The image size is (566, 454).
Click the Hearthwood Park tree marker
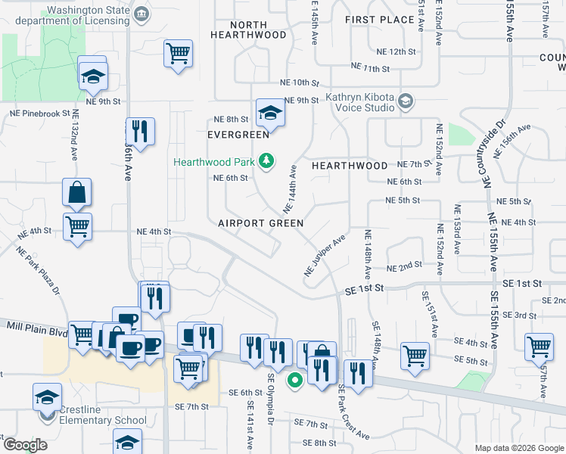click(266, 160)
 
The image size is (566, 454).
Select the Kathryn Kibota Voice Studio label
click(360, 102)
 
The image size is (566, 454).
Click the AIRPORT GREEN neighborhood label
click(261, 223)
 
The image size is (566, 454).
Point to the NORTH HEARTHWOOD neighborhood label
click(249, 30)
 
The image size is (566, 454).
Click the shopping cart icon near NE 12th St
click(179, 53)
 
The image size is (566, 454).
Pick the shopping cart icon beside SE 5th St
click(415, 355)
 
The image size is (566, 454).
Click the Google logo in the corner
click(24, 445)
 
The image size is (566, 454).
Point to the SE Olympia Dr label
click(270, 398)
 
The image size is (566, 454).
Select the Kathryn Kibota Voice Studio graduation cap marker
click(406, 101)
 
